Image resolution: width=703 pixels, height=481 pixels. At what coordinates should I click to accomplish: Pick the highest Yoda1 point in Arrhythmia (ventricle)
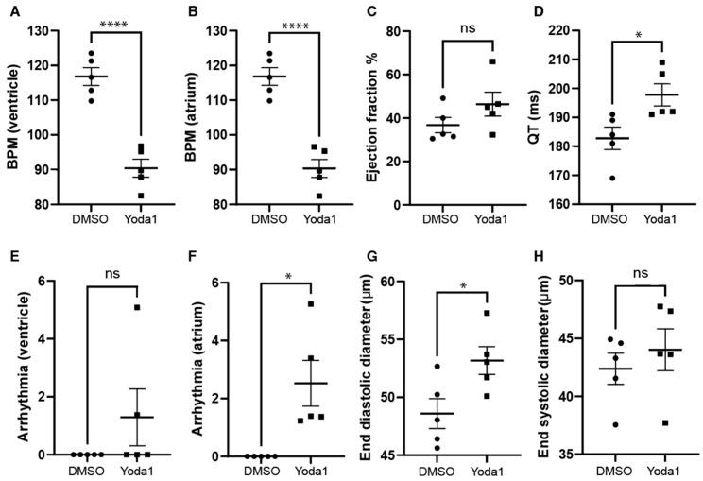[x=138, y=308]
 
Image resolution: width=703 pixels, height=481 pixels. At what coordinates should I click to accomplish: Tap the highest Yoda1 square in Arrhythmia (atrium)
[x=308, y=304]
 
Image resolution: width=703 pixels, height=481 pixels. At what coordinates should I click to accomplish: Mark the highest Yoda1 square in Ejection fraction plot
[x=491, y=62]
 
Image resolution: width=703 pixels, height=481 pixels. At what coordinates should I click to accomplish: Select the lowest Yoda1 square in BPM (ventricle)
[x=140, y=196]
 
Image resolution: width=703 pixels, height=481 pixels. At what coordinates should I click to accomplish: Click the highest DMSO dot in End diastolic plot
[x=437, y=366]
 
